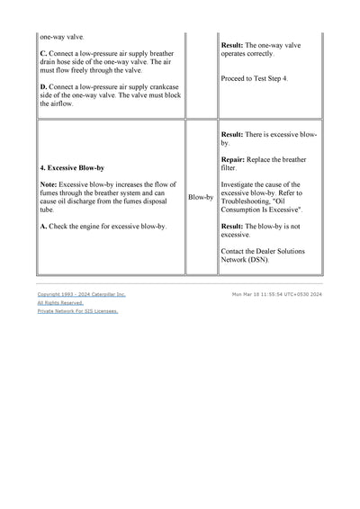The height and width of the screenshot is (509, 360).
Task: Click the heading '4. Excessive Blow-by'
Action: (x=72, y=168)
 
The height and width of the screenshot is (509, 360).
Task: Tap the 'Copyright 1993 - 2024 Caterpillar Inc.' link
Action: (x=81, y=294)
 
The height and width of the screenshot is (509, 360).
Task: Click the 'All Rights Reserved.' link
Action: (x=60, y=303)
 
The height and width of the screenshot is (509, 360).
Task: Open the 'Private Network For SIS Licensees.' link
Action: (x=77, y=311)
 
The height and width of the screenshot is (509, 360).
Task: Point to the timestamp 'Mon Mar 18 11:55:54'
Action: (x=261, y=294)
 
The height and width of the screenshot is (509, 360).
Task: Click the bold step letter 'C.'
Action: (x=44, y=52)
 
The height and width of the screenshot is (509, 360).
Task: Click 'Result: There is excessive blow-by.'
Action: (x=268, y=138)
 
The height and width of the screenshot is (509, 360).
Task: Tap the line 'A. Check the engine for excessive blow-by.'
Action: (x=103, y=227)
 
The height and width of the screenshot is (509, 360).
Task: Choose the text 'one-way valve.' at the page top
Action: (x=61, y=37)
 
